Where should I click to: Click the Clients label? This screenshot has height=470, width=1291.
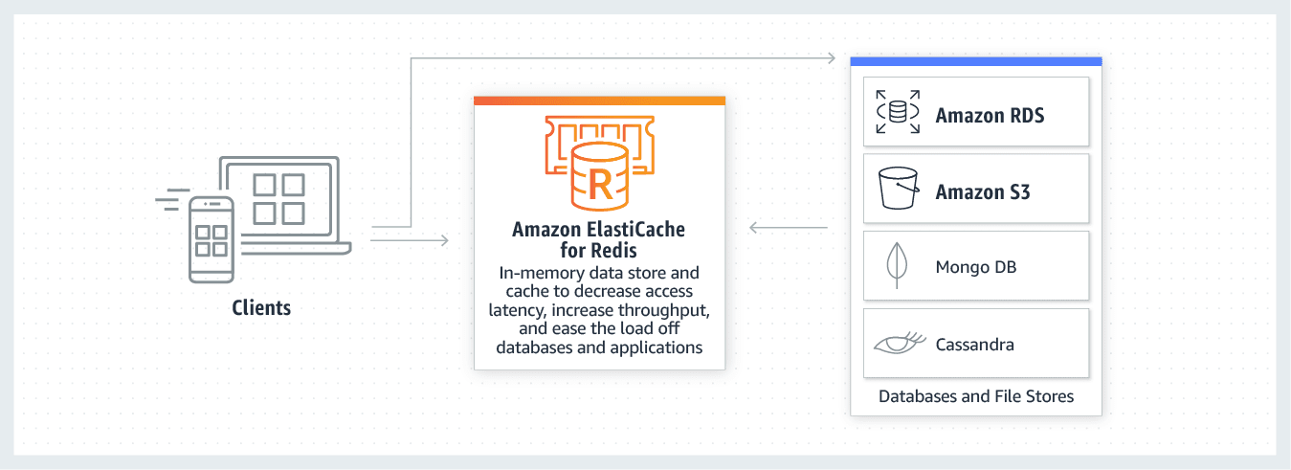click(261, 308)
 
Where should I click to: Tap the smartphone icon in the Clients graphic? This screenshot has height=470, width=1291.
click(211, 239)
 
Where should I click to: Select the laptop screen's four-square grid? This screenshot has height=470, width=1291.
click(278, 198)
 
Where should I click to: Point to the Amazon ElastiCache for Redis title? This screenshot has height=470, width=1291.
click(599, 239)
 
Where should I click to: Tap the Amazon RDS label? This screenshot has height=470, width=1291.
click(990, 116)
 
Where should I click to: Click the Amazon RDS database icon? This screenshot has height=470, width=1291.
click(898, 112)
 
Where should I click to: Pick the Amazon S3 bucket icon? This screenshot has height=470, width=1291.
click(898, 189)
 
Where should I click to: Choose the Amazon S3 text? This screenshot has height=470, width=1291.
click(983, 192)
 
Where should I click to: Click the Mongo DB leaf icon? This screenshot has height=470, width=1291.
click(897, 265)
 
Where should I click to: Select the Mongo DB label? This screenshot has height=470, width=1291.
click(976, 266)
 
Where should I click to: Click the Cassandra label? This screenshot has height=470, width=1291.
click(975, 344)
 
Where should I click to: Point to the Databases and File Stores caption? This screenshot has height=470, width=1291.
click(976, 395)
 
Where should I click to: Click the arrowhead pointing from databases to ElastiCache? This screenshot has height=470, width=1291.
click(755, 228)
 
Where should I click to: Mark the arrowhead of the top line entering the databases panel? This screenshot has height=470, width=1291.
click(831, 58)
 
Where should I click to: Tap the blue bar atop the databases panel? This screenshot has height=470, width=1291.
click(976, 61)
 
